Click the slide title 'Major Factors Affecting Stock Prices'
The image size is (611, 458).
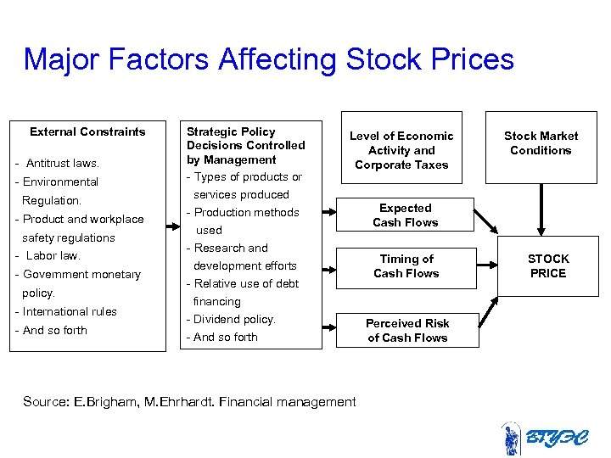[x=268, y=60]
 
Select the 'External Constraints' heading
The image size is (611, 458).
[x=87, y=131]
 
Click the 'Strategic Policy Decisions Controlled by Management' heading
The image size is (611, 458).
[x=245, y=145]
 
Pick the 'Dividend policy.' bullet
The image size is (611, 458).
[x=231, y=319]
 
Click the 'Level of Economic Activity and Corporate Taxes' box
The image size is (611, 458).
[x=401, y=150]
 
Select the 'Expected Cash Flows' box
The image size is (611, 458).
[x=406, y=215]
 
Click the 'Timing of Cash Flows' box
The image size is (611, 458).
[x=406, y=265]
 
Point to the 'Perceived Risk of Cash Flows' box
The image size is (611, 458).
[x=407, y=330]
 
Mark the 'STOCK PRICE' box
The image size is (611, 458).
[x=548, y=265]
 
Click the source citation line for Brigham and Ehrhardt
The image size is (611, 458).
[x=189, y=401]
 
